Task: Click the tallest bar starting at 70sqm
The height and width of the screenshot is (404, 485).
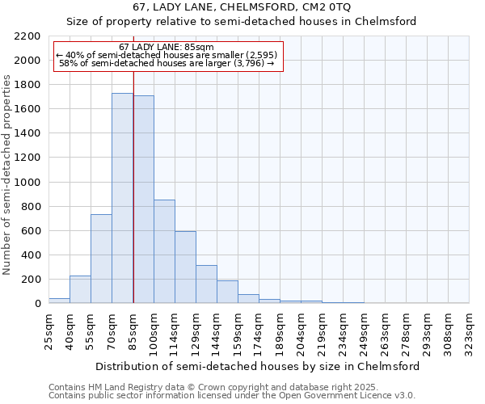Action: [x=122, y=198]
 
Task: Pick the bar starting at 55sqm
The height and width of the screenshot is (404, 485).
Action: [x=101, y=259]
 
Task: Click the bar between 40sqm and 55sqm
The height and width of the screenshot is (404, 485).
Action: [x=80, y=289]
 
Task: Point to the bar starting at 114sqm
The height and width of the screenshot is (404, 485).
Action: [x=185, y=267]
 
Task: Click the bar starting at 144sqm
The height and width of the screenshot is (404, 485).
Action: [x=227, y=292]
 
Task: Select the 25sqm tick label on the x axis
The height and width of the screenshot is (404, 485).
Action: [x=48, y=327]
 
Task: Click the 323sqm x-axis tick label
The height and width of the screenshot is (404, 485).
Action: [x=469, y=330]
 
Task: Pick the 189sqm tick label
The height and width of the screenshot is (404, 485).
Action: [x=280, y=330]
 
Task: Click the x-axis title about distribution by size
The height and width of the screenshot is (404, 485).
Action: [x=258, y=366]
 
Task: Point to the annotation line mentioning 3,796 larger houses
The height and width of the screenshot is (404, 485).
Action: [x=167, y=63]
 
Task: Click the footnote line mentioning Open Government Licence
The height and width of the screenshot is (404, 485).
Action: [x=232, y=396]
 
